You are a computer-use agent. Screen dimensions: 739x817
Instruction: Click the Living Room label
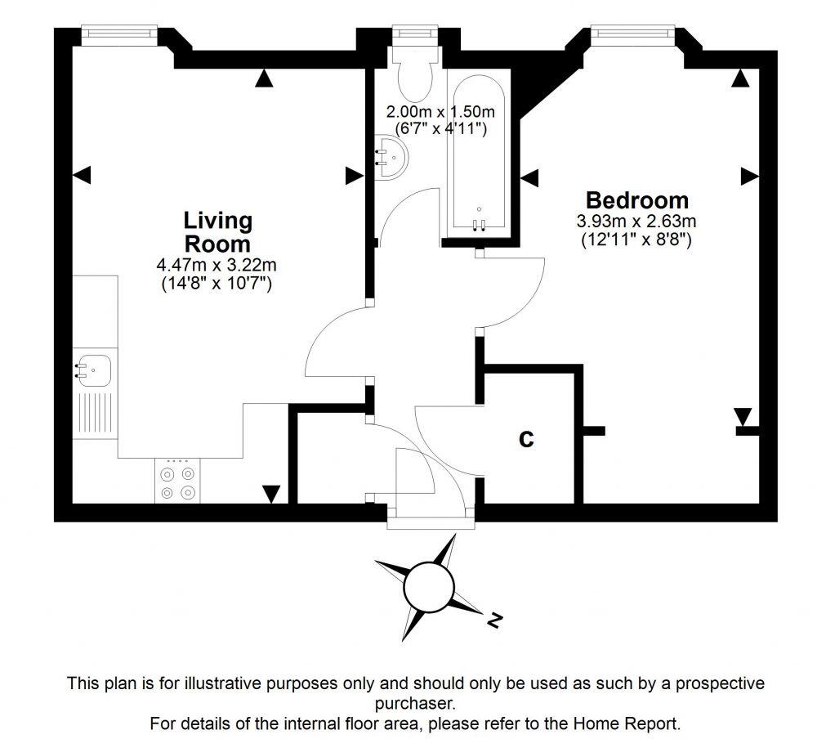(217, 232)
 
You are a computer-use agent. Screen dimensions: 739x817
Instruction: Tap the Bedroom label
(637, 200)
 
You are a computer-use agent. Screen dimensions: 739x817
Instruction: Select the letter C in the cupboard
(527, 439)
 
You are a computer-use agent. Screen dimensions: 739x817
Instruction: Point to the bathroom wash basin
(392, 155)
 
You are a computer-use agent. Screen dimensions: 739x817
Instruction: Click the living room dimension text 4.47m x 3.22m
(217, 265)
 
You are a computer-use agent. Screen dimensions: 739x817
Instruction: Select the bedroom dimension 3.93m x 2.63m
(636, 221)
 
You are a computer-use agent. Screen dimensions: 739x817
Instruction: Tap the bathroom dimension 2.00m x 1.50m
(440, 111)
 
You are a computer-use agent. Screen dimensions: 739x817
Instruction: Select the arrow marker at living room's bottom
(271, 494)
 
